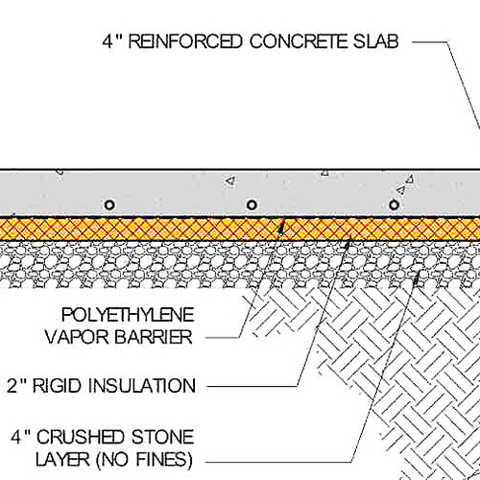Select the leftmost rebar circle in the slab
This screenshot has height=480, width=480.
tap(109, 204)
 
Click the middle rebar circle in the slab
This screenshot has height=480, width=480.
tap(252, 204)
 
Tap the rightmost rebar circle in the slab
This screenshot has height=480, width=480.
tap(393, 204)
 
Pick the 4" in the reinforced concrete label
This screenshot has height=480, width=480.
tap(111, 41)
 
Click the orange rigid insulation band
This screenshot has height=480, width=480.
tap(192, 228)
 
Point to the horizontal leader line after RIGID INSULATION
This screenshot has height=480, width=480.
tap(250, 386)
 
